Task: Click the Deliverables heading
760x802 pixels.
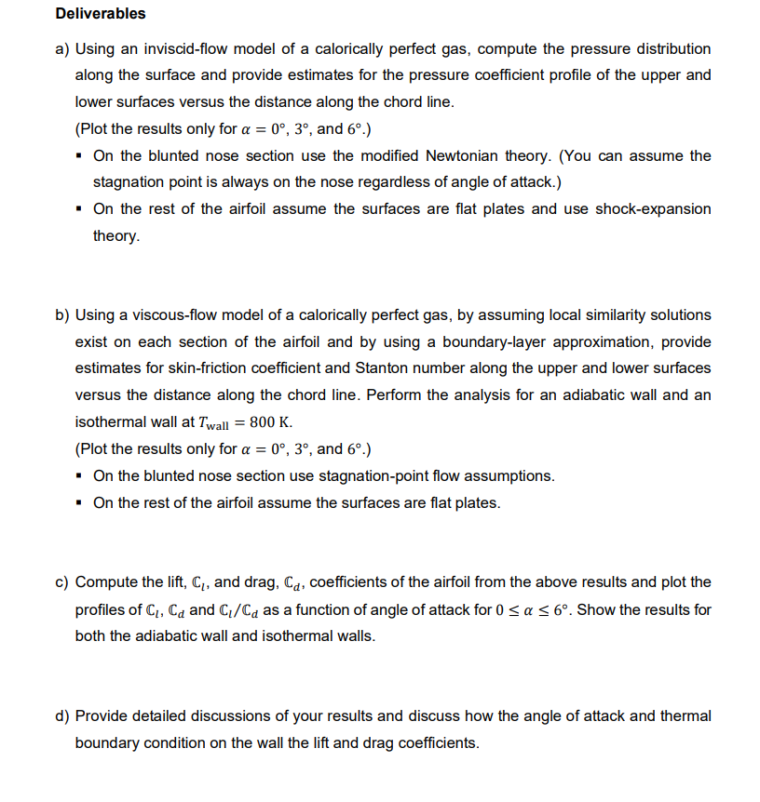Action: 101,14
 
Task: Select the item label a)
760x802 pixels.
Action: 62,48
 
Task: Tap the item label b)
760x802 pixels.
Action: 62,315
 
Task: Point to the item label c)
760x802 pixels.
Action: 62,582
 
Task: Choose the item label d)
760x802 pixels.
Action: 62,716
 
